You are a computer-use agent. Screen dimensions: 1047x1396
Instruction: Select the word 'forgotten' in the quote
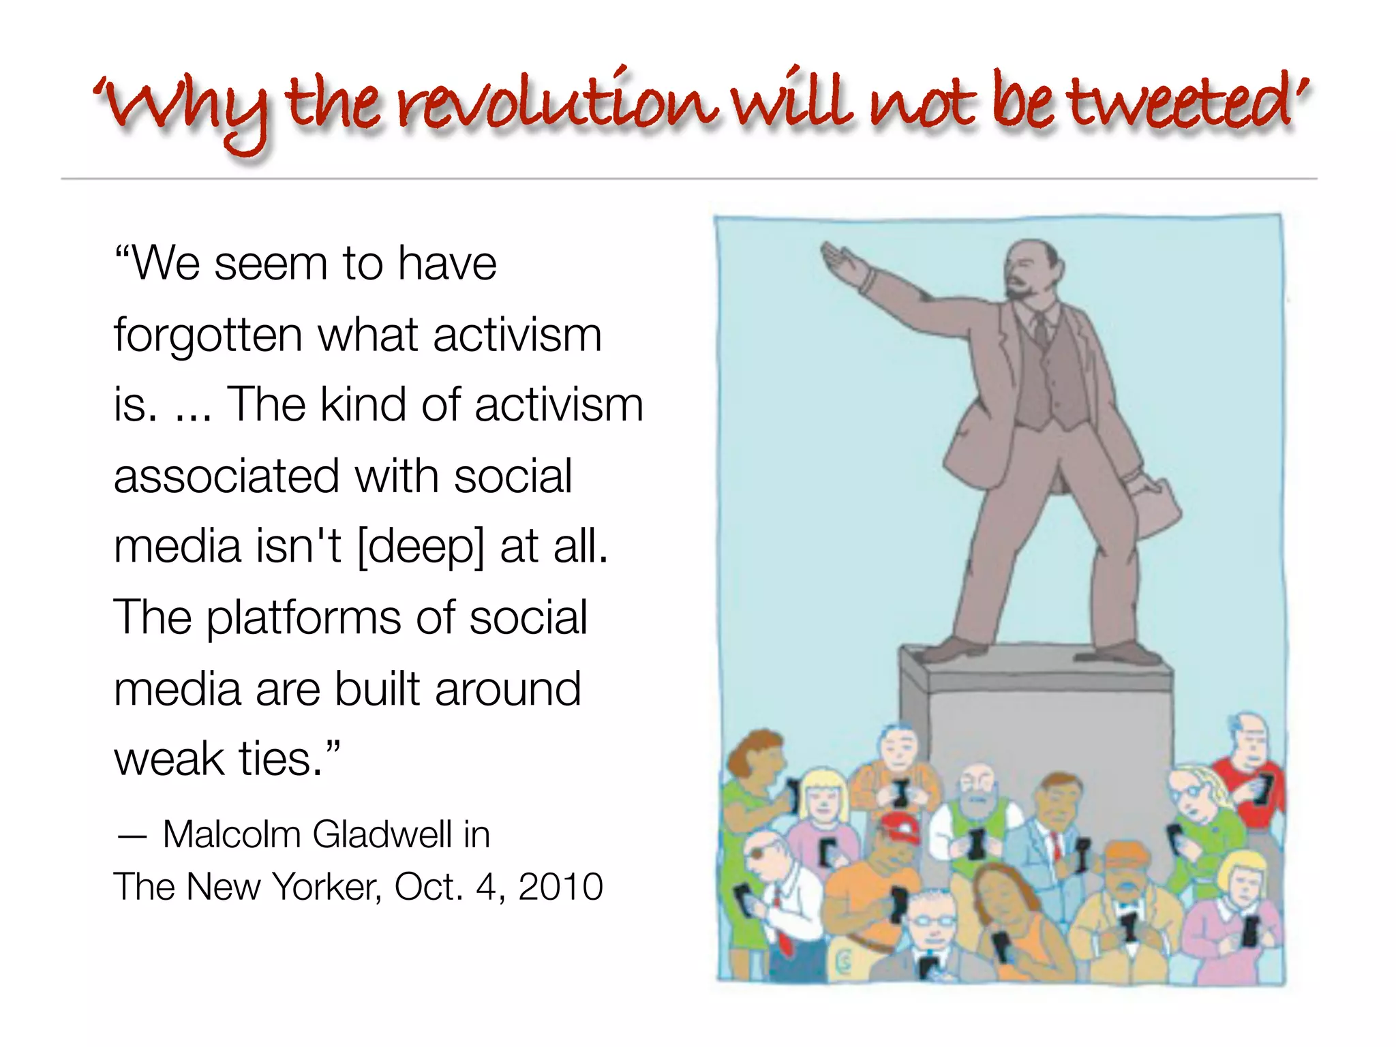(208, 335)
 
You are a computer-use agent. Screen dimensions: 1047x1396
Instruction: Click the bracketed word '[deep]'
(421, 546)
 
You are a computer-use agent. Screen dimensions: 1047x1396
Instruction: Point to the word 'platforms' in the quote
(303, 618)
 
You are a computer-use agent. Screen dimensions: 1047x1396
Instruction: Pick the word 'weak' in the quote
(169, 759)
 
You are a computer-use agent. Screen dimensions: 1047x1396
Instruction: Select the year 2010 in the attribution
(560, 887)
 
